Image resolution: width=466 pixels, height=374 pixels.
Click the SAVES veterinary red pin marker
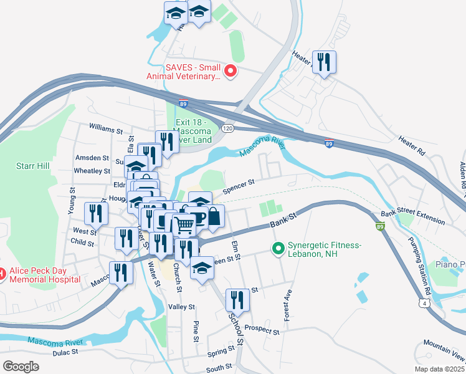(231, 72)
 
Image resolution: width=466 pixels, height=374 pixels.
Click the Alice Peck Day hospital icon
(2, 274)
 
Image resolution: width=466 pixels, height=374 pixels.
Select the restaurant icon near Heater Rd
(324, 62)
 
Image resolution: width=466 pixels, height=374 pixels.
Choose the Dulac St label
(65, 352)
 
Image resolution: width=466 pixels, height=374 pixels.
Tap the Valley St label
(182, 307)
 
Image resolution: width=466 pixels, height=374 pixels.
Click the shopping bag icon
(214, 218)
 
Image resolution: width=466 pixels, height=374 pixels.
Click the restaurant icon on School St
(238, 300)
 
